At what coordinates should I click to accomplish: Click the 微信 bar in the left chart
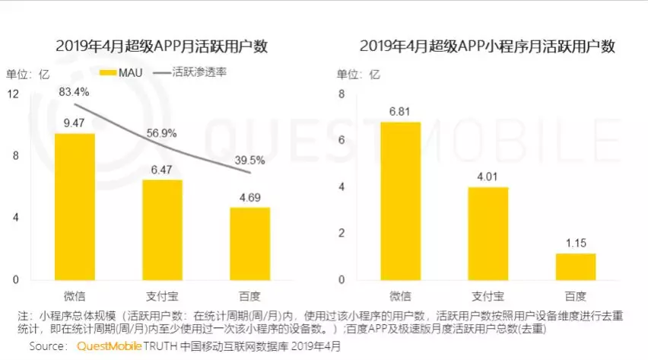tap(74, 206)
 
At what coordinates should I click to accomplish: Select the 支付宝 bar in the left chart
tap(162, 229)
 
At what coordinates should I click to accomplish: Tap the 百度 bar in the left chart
tap(249, 243)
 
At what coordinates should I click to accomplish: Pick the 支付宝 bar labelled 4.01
tap(488, 233)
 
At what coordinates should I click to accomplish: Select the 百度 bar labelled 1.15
tap(575, 266)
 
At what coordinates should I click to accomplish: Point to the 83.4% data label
tap(75, 91)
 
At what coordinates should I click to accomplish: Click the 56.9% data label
tap(161, 132)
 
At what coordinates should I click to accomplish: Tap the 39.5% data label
tap(249, 160)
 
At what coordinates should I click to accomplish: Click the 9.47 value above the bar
tap(74, 122)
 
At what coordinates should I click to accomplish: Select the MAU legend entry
tap(118, 73)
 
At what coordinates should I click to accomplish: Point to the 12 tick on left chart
tap(13, 94)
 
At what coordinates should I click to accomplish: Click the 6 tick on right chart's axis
tap(341, 140)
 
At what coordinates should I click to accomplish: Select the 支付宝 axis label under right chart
tap(488, 295)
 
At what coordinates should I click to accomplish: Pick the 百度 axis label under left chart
tap(249, 295)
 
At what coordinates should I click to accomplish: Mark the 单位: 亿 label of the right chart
tap(357, 75)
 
